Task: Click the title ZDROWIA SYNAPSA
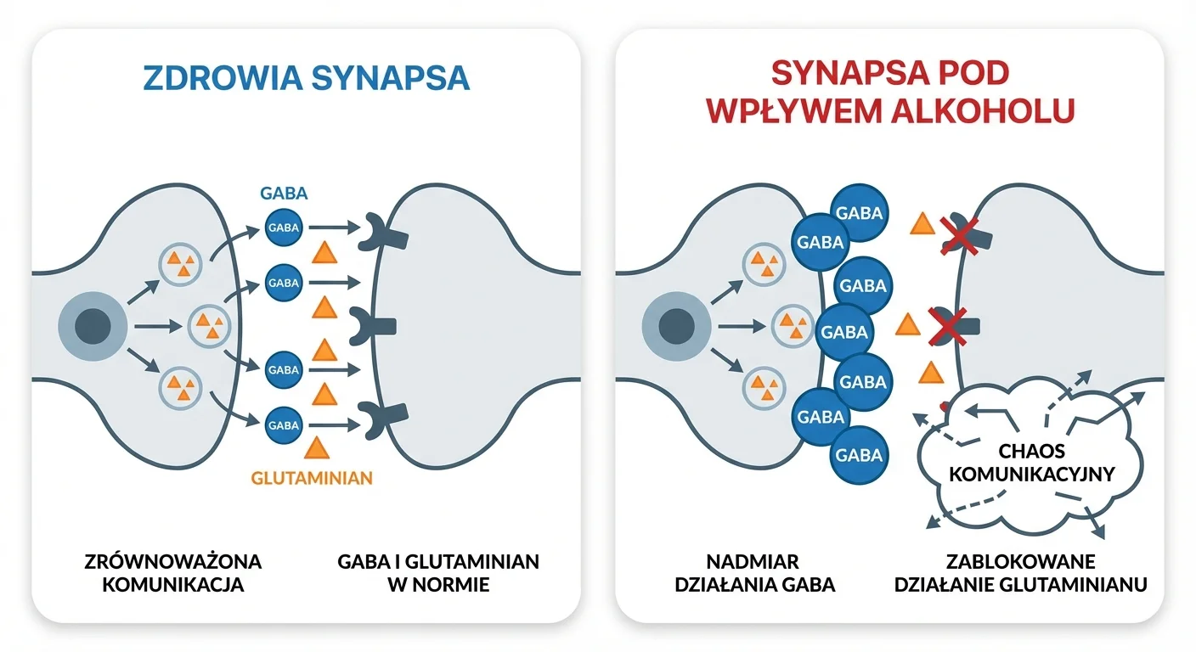click(x=306, y=77)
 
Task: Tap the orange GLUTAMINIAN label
click(x=312, y=477)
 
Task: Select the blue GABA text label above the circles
click(x=284, y=193)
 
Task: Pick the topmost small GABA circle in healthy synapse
click(x=284, y=228)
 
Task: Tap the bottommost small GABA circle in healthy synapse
click(x=284, y=420)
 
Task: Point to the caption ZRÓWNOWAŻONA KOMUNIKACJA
click(x=173, y=573)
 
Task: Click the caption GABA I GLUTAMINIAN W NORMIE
click(x=437, y=573)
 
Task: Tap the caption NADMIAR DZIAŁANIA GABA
click(x=754, y=573)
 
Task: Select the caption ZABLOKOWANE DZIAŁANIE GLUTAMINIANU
click(x=1021, y=573)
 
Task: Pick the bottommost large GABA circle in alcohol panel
click(x=860, y=455)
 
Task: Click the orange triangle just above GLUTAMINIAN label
click(x=317, y=447)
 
